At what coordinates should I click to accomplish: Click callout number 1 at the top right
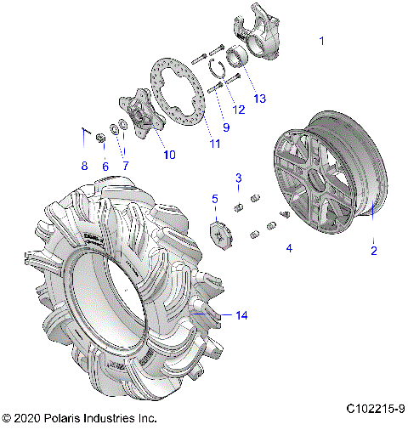[321, 40]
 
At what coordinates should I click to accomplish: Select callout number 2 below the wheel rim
[372, 250]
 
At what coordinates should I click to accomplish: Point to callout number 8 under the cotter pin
[83, 166]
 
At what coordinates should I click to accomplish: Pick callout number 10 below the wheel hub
[169, 155]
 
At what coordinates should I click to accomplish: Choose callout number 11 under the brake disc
[215, 144]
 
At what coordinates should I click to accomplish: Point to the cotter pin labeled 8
[85, 131]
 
